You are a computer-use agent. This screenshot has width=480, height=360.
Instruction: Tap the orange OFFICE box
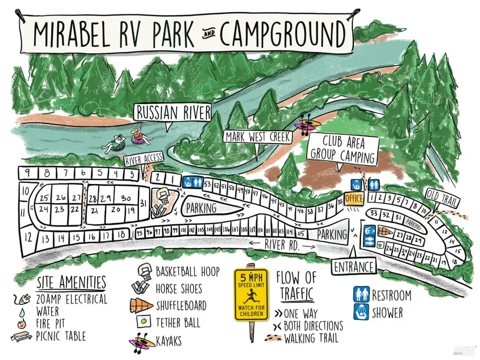tap(354, 198)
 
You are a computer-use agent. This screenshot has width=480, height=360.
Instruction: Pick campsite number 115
tap(300, 233)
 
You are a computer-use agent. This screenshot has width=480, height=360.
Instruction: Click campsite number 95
tap(139, 233)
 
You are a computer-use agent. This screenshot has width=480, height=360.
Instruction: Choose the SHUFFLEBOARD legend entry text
tap(181, 306)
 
